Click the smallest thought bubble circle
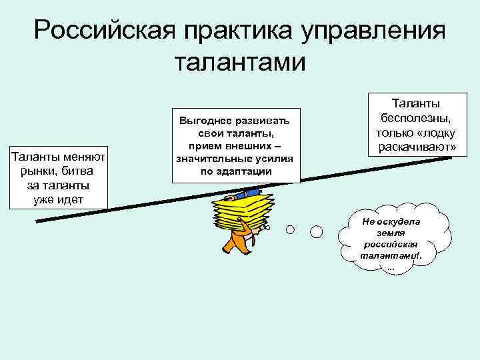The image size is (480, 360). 291,229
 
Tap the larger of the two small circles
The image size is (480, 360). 317,231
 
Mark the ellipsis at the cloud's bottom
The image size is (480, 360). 390,268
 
